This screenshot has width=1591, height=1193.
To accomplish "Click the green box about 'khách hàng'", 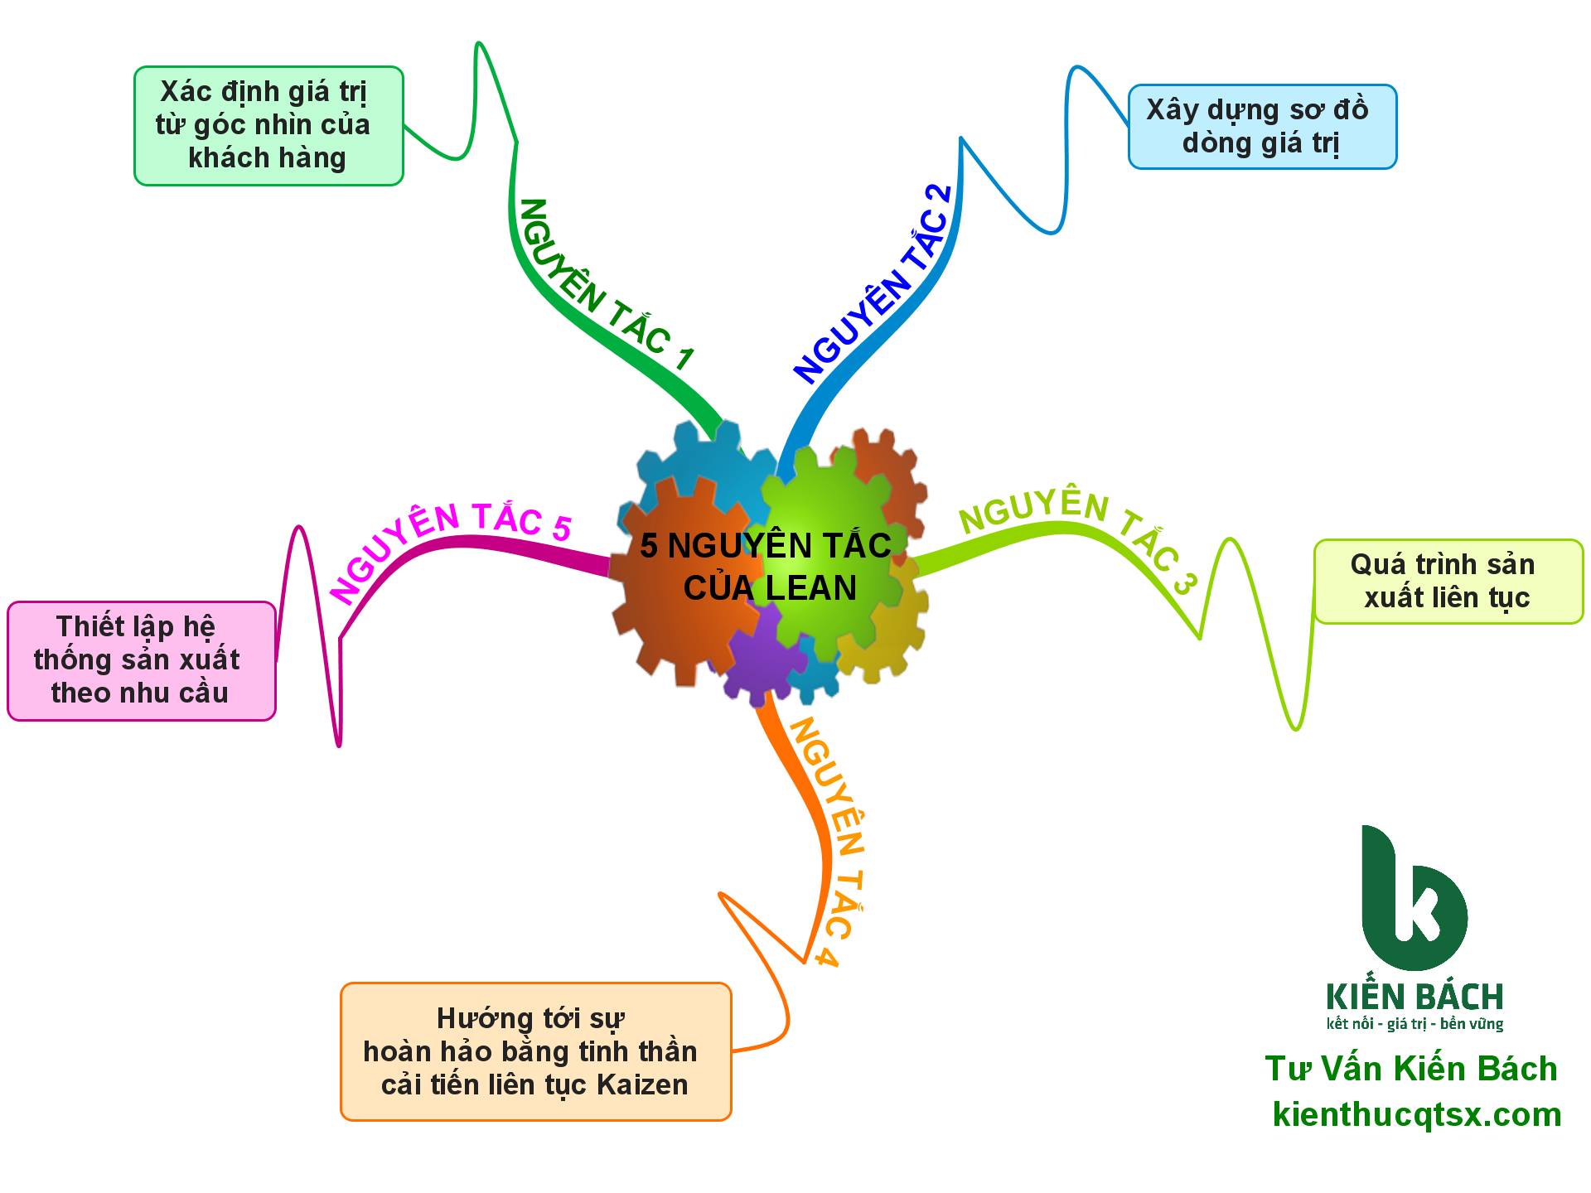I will coord(268,126).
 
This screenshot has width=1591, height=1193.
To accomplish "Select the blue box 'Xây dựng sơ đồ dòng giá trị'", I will coord(1261,127).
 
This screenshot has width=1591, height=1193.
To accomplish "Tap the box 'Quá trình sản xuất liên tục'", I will coord(1448,582).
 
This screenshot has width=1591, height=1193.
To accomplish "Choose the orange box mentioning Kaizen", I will coord(535,1051).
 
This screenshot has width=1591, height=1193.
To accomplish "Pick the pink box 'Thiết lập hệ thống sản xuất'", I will coord(141,660).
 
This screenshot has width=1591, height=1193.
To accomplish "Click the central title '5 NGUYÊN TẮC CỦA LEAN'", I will coord(766,567).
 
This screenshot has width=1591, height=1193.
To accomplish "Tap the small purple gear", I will coord(762,654).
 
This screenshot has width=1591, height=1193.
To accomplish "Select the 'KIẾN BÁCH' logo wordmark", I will coord(1414,996).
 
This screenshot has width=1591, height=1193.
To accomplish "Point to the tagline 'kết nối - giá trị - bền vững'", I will coord(1414,1025).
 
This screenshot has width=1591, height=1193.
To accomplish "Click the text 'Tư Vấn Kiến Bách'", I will coord(1411,1069).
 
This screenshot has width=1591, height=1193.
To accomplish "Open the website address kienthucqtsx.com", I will coord(1417,1114).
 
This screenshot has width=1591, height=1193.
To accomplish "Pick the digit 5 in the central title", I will coord(649,547).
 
